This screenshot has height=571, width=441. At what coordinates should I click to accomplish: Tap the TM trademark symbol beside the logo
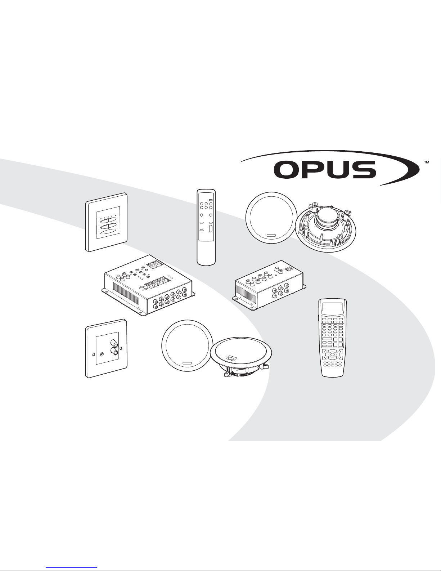click(x=427, y=162)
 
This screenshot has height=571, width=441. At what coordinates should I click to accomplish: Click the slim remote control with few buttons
click(x=206, y=227)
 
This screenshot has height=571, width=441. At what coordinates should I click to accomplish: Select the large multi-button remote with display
click(x=332, y=338)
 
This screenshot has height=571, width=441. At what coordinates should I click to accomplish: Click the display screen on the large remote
click(x=332, y=307)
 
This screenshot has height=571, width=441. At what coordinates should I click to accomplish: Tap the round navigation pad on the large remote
click(x=333, y=355)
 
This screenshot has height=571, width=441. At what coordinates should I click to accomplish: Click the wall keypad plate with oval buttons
click(x=107, y=222)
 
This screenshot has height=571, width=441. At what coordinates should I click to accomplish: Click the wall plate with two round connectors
click(x=106, y=348)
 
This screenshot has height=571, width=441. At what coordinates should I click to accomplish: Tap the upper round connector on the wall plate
click(x=114, y=343)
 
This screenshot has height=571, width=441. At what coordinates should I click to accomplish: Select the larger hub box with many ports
click(x=148, y=286)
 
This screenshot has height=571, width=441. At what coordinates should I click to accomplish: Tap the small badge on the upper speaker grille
click(x=271, y=236)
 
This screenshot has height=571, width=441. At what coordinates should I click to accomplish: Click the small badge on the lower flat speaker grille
click(x=187, y=363)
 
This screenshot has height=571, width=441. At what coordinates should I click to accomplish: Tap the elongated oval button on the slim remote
click(x=210, y=228)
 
